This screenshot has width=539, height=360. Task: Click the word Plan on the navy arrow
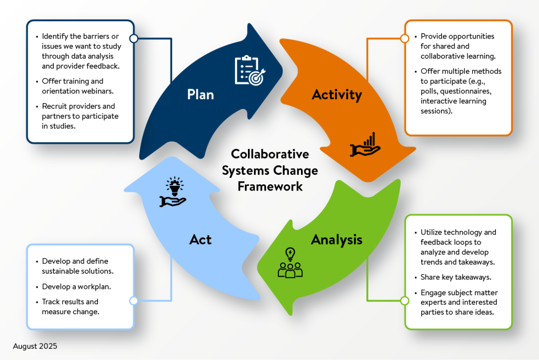point(200,95)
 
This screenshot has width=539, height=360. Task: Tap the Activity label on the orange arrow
point(336,95)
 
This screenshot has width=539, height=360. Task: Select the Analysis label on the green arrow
point(336,240)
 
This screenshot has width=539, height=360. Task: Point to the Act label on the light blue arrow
point(200,240)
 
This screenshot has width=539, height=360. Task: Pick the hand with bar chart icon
point(365,145)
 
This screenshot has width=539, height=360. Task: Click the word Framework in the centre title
point(270,186)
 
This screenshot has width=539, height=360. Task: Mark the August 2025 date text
point(35,347)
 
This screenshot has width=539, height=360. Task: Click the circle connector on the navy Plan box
point(133,38)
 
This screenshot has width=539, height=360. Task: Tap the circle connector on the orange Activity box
point(405,38)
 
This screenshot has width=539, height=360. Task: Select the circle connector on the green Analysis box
point(405,301)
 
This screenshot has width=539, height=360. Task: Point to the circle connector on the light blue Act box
point(133,301)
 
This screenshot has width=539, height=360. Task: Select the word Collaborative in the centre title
point(270,154)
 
